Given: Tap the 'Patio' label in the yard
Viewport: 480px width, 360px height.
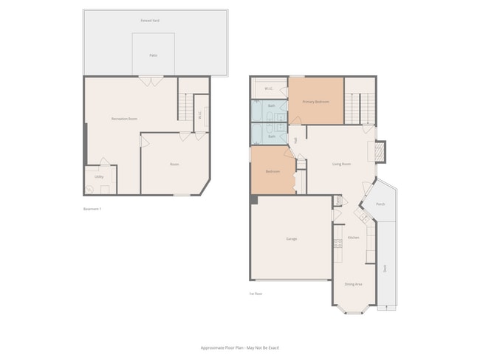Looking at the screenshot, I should tap(154, 55).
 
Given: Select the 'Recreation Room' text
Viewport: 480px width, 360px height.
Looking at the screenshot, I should tap(125, 119).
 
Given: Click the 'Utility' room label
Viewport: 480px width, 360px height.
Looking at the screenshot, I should tap(99, 176).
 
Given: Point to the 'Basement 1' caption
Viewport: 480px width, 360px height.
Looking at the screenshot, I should tap(92, 209).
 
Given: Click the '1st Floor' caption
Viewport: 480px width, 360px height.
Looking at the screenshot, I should tap(256, 294).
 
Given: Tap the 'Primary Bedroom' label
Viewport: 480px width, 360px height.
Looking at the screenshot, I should tap(315, 101).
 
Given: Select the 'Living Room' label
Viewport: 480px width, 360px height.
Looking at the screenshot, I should tap(341, 164).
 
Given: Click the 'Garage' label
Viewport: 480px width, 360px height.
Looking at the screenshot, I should tap(292, 239).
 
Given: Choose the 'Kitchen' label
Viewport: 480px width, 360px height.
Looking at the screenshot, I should tap(354, 238).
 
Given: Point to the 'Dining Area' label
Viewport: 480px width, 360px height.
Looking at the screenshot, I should tap(353, 284).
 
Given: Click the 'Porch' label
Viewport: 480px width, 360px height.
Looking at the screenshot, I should tap(380, 204).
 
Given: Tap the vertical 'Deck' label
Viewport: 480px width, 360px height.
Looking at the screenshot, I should tap(385, 269).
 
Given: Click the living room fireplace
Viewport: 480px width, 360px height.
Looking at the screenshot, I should tap(380, 152).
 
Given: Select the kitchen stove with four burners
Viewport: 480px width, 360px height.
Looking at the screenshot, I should tap(337, 240).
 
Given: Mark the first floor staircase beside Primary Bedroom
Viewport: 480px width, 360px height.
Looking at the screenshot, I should tap(360, 108).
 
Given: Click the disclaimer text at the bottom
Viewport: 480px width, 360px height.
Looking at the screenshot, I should tap(240, 347).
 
